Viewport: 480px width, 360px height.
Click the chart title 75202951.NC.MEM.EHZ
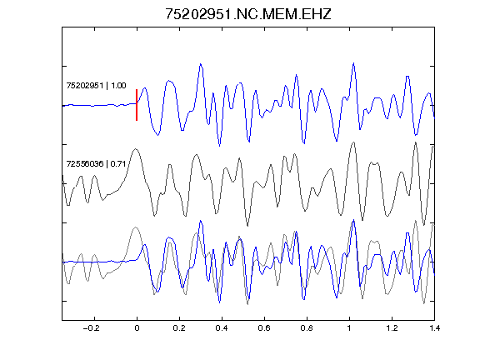click(248, 14)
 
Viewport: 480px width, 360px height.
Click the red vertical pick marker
click(137, 105)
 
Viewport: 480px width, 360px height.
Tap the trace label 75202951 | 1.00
click(96, 85)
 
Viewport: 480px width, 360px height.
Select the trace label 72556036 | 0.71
click(96, 164)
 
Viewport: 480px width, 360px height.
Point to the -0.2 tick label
click(91, 328)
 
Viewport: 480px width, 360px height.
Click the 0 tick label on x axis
click(137, 328)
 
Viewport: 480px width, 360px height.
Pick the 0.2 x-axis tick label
click(179, 328)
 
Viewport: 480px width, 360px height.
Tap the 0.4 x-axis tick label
click(222, 328)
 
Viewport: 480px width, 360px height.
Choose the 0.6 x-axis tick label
click(264, 328)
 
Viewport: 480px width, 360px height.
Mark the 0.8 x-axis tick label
click(307, 328)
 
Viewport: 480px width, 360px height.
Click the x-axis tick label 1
click(349, 328)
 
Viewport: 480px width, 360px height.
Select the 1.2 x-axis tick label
click(392, 328)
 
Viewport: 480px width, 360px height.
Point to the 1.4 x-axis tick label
click(434, 328)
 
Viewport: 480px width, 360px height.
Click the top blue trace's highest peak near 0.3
click(201, 64)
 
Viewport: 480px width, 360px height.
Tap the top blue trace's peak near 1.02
click(354, 63)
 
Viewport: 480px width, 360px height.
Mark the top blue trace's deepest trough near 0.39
click(219, 146)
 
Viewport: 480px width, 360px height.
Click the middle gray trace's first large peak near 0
click(136, 149)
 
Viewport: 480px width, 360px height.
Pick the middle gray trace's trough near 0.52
click(247, 226)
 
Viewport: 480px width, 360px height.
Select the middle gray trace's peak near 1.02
click(354, 142)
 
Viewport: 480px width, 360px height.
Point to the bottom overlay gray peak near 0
click(136, 227)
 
